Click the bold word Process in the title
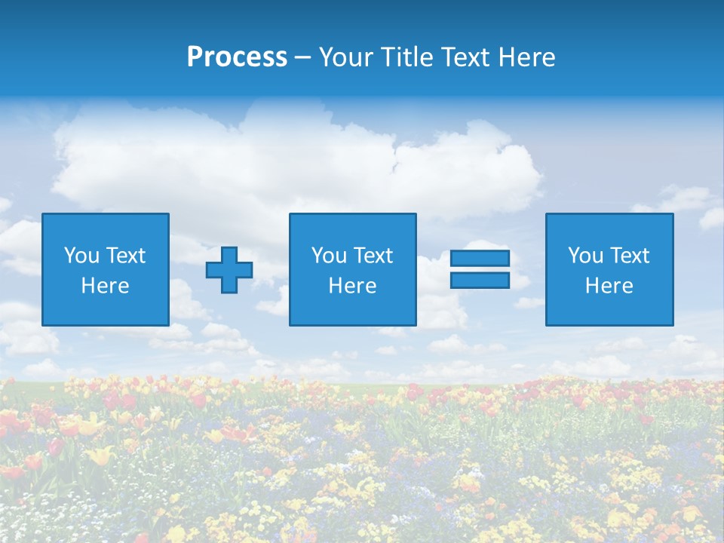(x=237, y=57)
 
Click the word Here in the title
(x=526, y=57)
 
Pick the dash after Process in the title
(x=302, y=59)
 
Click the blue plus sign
(x=229, y=270)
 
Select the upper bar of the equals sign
(x=480, y=259)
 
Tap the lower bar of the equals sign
(x=480, y=281)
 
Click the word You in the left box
(x=81, y=256)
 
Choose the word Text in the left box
(x=124, y=256)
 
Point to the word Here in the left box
(x=105, y=286)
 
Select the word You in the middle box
(x=329, y=256)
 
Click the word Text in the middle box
(x=372, y=256)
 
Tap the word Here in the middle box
(x=352, y=286)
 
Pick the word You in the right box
(x=585, y=256)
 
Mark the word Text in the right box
(x=628, y=256)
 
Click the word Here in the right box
(x=609, y=286)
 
